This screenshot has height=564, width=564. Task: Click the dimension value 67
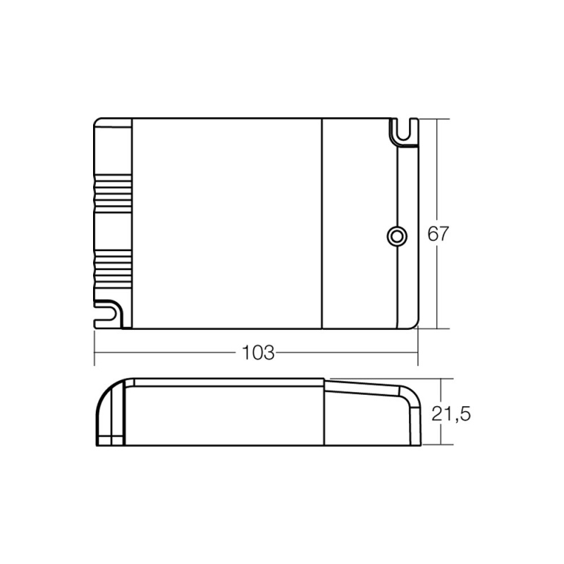438,235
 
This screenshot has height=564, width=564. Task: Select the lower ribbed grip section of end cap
113,266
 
